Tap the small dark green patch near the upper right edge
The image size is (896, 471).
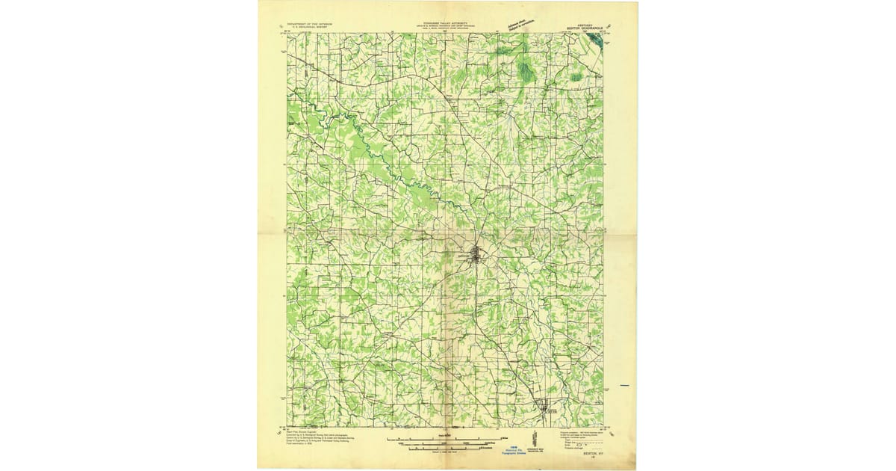point(576,77)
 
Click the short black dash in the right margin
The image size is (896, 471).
point(625,387)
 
